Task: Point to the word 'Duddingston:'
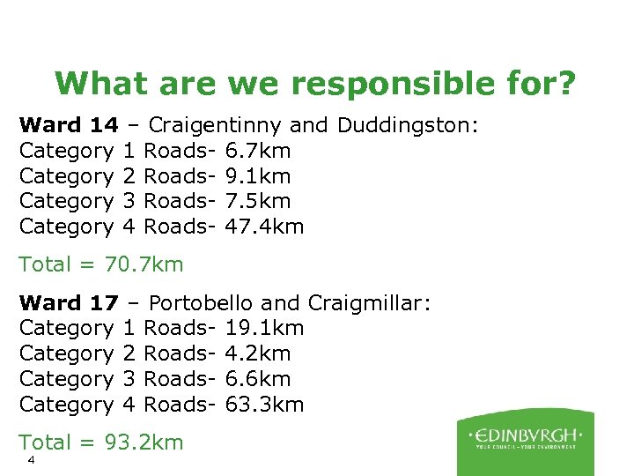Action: tap(408, 125)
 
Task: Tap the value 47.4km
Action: tap(265, 227)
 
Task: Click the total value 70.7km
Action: tap(144, 264)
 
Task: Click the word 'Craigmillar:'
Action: tap(369, 303)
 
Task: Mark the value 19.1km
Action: tap(265, 329)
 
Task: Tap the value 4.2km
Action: tap(258, 353)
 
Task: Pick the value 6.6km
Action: tap(258, 379)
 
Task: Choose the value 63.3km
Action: tap(265, 405)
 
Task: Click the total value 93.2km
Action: tap(144, 442)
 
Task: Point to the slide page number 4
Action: tap(31, 461)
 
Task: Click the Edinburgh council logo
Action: tap(526, 440)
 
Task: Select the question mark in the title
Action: tap(565, 84)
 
